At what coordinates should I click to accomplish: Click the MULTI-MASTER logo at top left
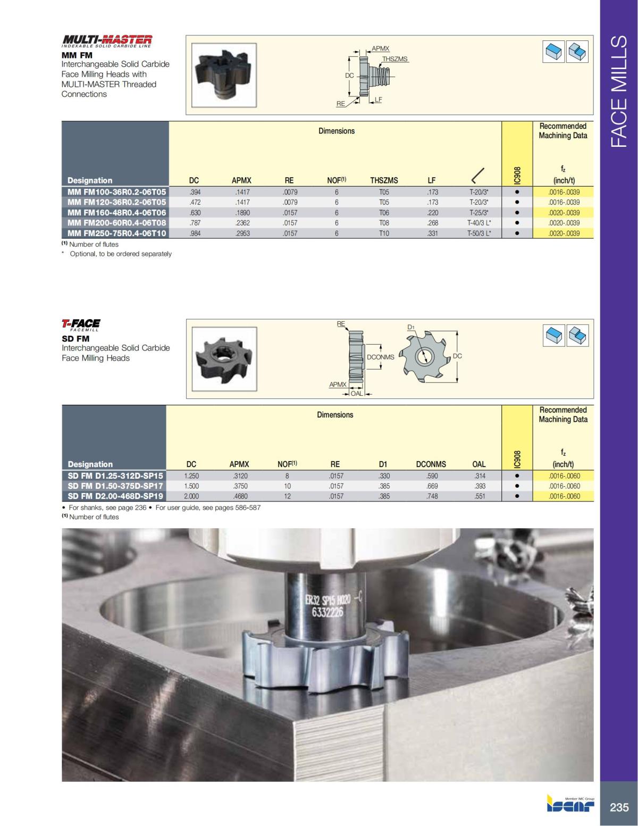tap(107, 41)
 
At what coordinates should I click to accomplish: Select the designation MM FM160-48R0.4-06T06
tap(116, 212)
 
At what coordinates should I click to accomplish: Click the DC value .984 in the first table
tap(195, 233)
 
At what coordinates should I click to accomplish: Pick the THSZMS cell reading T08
tap(384, 223)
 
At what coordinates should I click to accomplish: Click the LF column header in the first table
tap(432, 180)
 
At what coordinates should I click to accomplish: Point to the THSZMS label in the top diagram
tap(395, 59)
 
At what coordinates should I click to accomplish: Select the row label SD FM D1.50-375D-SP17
tap(115, 486)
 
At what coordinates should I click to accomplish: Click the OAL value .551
tap(480, 496)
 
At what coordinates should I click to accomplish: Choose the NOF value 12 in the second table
tap(287, 496)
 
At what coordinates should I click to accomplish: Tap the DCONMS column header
tap(431, 464)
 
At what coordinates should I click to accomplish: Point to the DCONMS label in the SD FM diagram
tap(381, 357)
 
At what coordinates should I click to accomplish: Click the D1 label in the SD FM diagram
tap(411, 327)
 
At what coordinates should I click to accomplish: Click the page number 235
tap(619, 807)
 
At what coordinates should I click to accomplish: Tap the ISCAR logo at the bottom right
tap(570, 804)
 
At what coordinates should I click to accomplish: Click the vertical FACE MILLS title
tap(619, 91)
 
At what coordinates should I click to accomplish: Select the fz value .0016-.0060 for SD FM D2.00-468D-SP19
tap(564, 496)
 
